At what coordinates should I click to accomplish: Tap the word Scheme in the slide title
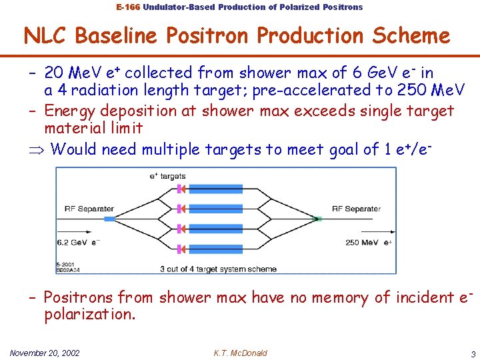pyautogui.click(x=410, y=35)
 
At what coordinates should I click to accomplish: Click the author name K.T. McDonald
pyautogui.click(x=240, y=352)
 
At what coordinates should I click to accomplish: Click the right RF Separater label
pyautogui.click(x=356, y=209)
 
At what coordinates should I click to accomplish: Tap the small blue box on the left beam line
pyautogui.click(x=109, y=219)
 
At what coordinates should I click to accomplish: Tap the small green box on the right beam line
pyautogui.click(x=319, y=219)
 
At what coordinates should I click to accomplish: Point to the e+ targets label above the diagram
pyautogui.click(x=167, y=177)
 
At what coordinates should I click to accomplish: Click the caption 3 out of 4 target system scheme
pyautogui.click(x=208, y=269)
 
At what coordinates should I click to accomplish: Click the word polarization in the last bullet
pyautogui.click(x=89, y=314)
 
